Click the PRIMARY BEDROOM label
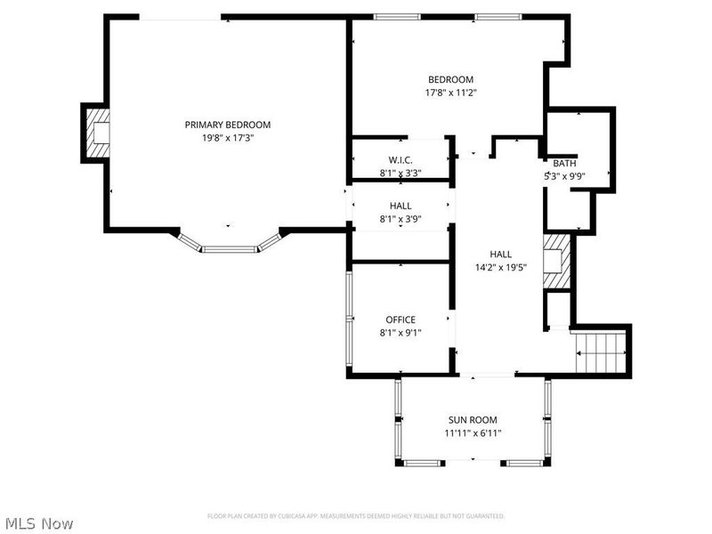coord(228,125)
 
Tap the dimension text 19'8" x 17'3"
coord(228,138)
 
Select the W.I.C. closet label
coord(400,160)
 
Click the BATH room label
coord(564,163)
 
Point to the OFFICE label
coord(400,320)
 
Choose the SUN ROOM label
coord(472,420)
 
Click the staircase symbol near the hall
coord(602,351)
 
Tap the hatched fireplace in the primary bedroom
coord(96,133)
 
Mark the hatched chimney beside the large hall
coord(556,262)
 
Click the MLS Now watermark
coord(38,523)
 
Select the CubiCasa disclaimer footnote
coord(356,515)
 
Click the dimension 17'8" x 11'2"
coord(450,92)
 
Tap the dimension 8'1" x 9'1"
coord(400,333)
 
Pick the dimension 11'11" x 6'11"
coord(472,433)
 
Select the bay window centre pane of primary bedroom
coord(229,248)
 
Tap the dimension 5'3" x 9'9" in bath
coord(564,176)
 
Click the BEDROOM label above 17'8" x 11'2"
coord(450,79)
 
